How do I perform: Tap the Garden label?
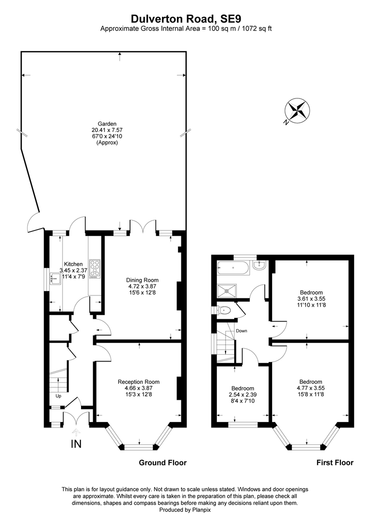click(x=107, y=123)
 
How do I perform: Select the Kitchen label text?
click(x=73, y=264)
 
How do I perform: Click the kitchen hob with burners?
click(x=95, y=269)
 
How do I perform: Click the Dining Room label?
click(x=142, y=280)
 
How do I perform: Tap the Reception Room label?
click(x=139, y=382)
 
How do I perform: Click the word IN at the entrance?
click(x=76, y=444)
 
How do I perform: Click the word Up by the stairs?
click(x=59, y=396)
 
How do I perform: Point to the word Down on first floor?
click(x=241, y=331)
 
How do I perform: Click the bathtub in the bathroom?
click(x=233, y=268)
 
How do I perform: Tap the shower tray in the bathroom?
click(x=227, y=290)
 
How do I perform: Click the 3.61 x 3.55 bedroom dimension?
click(x=311, y=299)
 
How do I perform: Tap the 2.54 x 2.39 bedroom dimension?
click(x=243, y=394)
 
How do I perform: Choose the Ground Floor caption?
click(x=162, y=462)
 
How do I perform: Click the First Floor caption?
click(x=335, y=462)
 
